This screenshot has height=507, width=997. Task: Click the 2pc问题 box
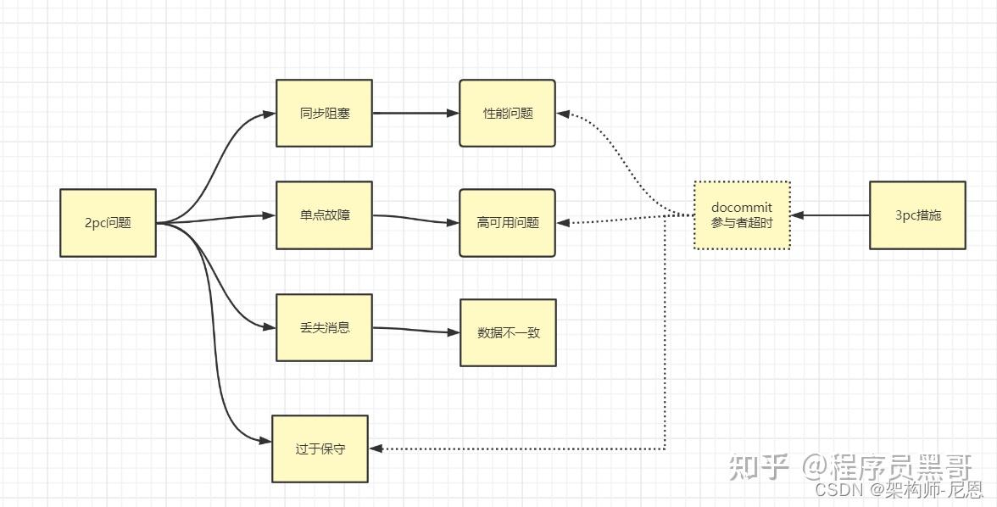[x=108, y=223]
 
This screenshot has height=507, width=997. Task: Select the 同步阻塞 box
[x=324, y=113]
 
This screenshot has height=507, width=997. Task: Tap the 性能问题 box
[x=507, y=113]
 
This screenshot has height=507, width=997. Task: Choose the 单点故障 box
[x=324, y=215]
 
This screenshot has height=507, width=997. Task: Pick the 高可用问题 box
[x=507, y=223]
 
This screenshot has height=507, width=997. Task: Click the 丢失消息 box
[x=324, y=327]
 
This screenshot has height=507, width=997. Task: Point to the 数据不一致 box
[x=508, y=332]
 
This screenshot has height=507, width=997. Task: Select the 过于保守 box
[x=320, y=448]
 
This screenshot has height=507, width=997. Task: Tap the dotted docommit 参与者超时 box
[x=742, y=215]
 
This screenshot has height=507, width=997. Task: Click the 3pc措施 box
[x=917, y=215]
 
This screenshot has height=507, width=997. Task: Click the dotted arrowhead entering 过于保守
[x=377, y=448]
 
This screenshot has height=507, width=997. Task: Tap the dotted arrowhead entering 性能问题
[x=564, y=114]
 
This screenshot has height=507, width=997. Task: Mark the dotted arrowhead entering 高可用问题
[x=564, y=223]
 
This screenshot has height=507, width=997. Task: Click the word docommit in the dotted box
[x=742, y=208]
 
